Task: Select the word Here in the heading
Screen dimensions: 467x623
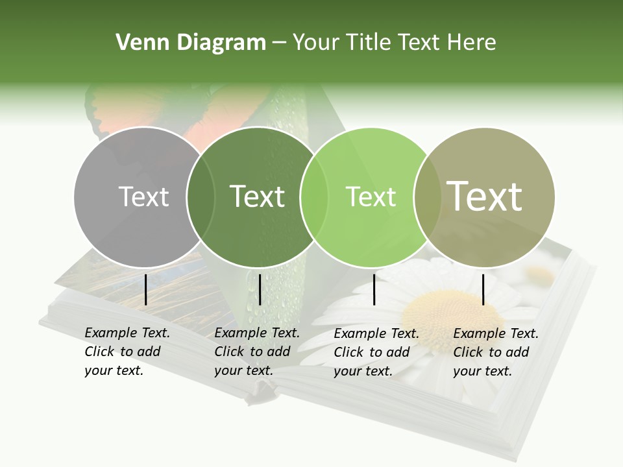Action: (x=472, y=43)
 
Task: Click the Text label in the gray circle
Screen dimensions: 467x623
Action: (x=143, y=197)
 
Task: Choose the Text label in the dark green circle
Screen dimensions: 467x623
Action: (x=258, y=197)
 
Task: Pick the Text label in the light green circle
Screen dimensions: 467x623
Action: (x=371, y=197)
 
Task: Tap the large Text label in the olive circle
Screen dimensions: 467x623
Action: (x=485, y=196)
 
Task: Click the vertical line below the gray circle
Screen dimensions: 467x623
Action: (x=145, y=289)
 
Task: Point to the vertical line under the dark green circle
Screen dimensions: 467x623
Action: (x=260, y=289)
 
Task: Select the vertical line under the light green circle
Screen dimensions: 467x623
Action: (x=374, y=289)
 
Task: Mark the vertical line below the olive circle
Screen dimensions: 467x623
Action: (x=483, y=289)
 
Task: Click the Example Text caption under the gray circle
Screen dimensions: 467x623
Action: (x=127, y=352)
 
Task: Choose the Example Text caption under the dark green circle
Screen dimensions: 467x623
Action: (x=257, y=352)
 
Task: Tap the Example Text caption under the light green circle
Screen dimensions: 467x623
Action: (x=376, y=352)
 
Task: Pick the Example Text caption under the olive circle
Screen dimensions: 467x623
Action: (x=496, y=352)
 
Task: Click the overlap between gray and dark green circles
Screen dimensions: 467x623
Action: (x=201, y=197)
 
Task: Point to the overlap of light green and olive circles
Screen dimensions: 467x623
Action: (x=427, y=197)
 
